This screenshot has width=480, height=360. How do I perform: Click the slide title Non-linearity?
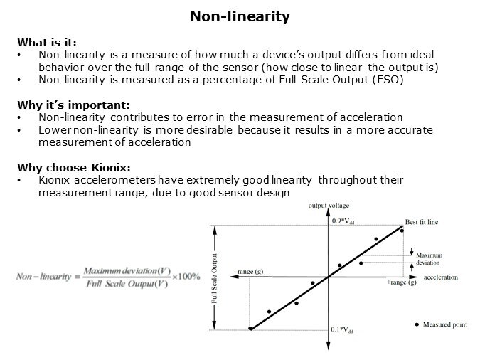pyautogui.click(x=240, y=16)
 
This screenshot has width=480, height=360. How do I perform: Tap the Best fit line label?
pyautogui.click(x=422, y=222)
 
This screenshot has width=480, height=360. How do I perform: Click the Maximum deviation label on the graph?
pyautogui.click(x=430, y=258)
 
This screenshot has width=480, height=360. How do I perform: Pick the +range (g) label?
pyautogui.click(x=401, y=282)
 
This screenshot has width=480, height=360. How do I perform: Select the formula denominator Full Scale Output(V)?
pyautogui.click(x=125, y=285)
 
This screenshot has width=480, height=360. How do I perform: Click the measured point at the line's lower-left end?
pyautogui.click(x=250, y=328)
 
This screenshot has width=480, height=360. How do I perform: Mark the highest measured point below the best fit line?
pyautogui.click(x=361, y=263)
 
